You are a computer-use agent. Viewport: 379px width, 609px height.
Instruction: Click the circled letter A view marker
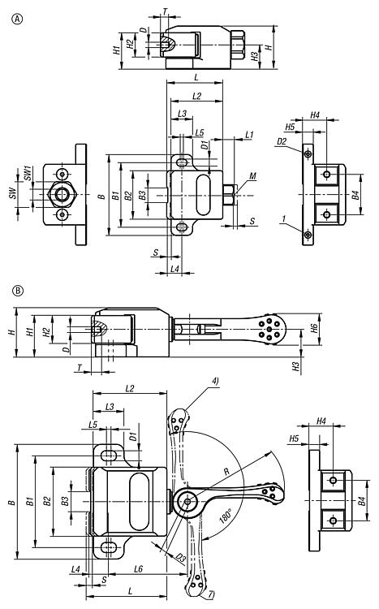coord(18,18)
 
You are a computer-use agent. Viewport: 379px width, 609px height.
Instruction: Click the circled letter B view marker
coord(18,290)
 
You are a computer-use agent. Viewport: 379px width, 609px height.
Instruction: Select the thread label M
coord(252,176)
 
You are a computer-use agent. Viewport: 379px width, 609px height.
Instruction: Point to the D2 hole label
coord(282,141)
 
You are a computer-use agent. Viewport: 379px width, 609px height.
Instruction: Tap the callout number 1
coord(284,219)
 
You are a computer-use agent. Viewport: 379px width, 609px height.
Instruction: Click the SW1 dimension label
coord(28,173)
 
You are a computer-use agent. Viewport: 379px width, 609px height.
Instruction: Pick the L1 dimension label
coord(249,135)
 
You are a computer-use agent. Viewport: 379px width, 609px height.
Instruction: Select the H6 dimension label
coord(315,328)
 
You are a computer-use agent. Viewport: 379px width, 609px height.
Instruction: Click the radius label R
coord(226,472)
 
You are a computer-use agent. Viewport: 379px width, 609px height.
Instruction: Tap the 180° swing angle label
coord(226,516)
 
